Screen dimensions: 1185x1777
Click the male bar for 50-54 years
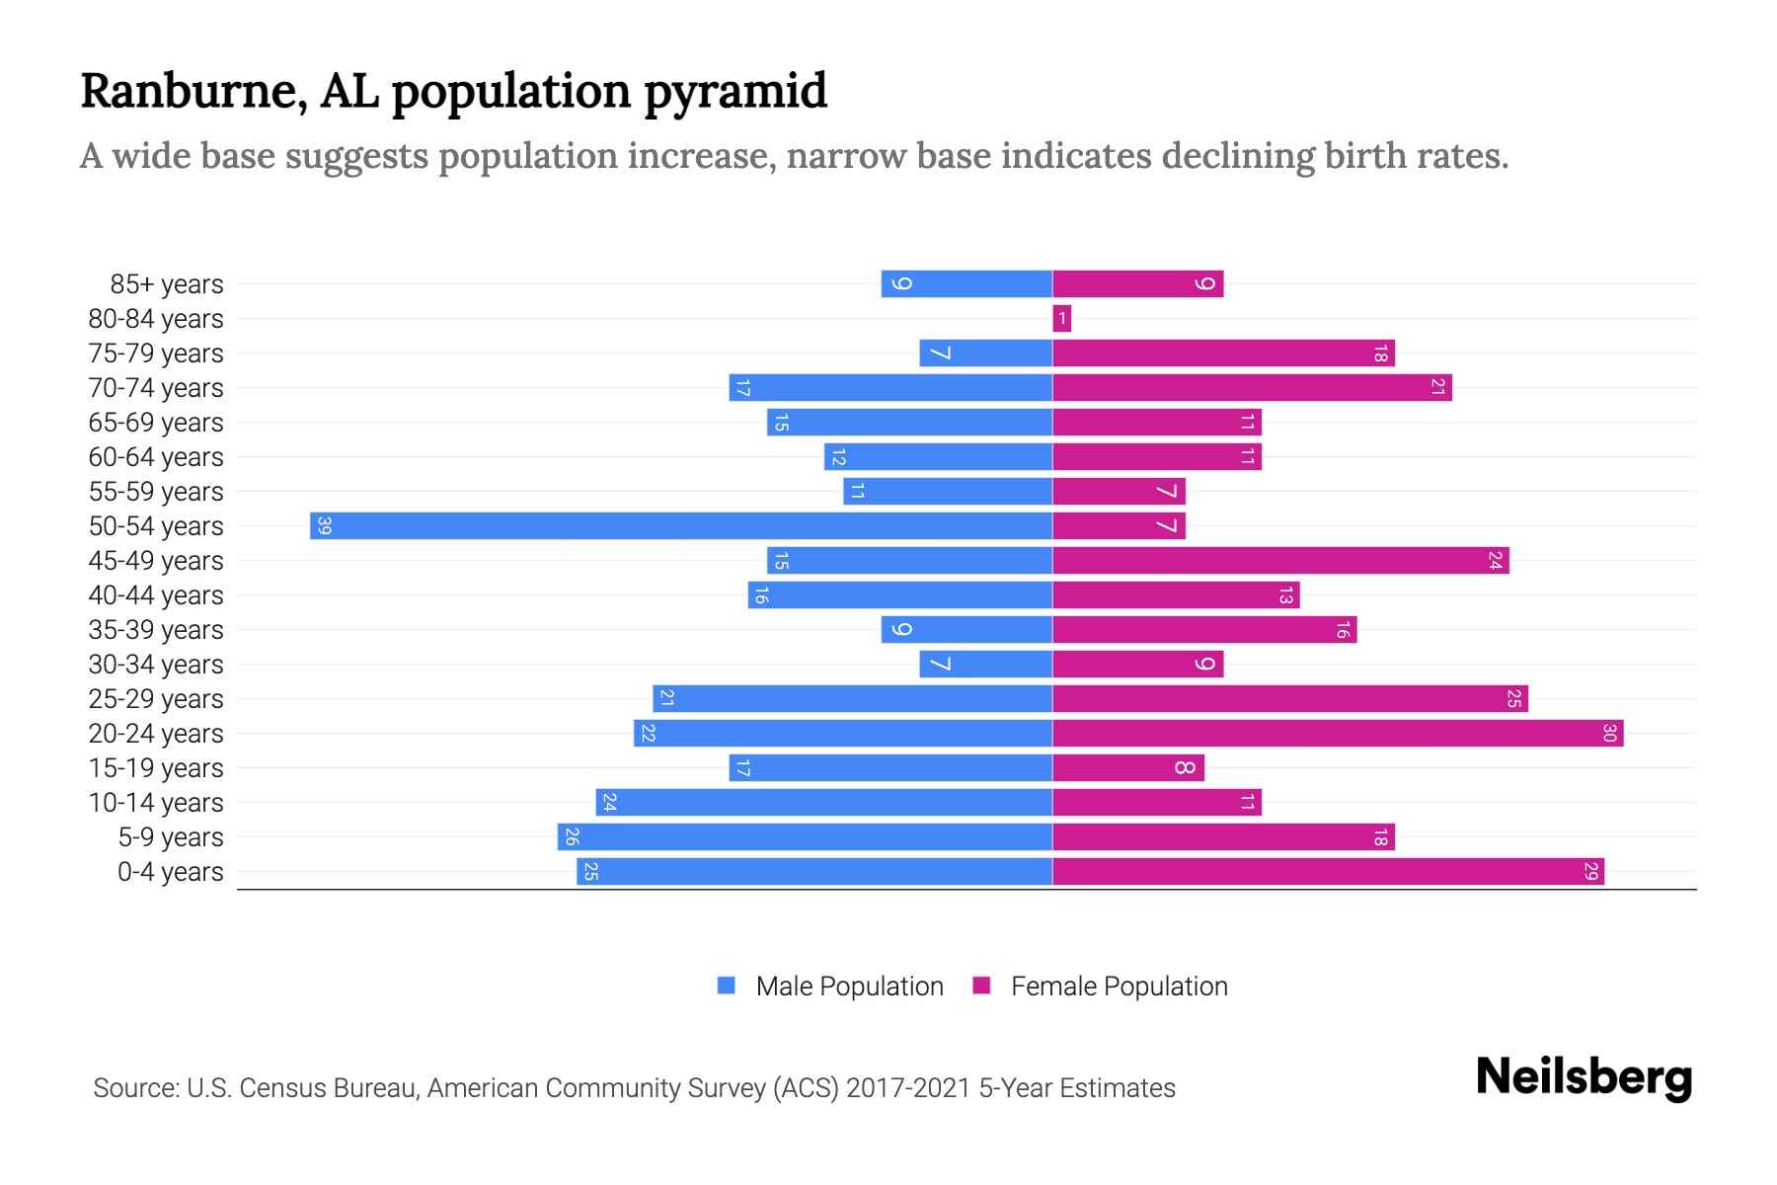point(681,525)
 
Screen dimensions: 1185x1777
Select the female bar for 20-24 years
point(1338,733)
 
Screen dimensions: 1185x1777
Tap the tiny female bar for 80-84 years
point(1061,318)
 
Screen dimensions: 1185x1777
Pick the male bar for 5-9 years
point(805,836)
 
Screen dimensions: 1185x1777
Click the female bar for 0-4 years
point(1328,871)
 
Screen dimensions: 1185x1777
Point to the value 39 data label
point(324,525)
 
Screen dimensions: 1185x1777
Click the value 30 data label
point(1609,733)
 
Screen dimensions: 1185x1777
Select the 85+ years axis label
point(166,284)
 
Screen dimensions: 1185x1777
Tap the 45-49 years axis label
point(156,561)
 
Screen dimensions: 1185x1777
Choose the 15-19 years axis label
point(156,768)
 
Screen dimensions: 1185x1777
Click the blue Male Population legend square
point(727,986)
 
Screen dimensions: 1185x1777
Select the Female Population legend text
point(1119,986)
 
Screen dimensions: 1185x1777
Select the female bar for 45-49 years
point(1280,560)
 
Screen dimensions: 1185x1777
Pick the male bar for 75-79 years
point(985,353)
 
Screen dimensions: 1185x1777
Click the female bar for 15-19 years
point(1128,767)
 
